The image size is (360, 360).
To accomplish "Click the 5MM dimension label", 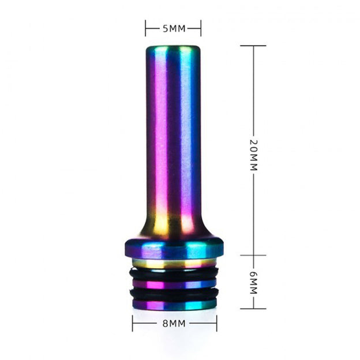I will pyautogui.click(x=173, y=28).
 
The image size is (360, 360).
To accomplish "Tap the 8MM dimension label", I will pyautogui.click(x=174, y=324).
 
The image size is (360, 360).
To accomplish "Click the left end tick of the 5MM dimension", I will pyautogui.click(x=146, y=28).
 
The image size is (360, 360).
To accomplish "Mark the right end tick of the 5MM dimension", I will pyautogui.click(x=201, y=28).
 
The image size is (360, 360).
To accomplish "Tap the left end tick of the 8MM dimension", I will pyautogui.click(x=133, y=324).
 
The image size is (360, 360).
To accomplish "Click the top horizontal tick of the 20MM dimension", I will pyautogui.click(x=253, y=46).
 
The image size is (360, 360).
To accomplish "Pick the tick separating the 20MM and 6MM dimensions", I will pyautogui.click(x=253, y=255).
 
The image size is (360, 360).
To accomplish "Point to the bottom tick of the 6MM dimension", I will pyautogui.click(x=253, y=308).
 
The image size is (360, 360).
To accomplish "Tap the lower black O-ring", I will pyautogui.click(x=173, y=294).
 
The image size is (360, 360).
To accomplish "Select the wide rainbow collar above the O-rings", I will pyautogui.click(x=173, y=250).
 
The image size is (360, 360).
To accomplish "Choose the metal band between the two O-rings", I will pyautogui.click(x=173, y=284).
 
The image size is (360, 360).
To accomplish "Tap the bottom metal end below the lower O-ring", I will pyautogui.click(x=173, y=303).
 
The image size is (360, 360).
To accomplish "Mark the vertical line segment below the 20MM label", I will pyautogui.click(x=253, y=213).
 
